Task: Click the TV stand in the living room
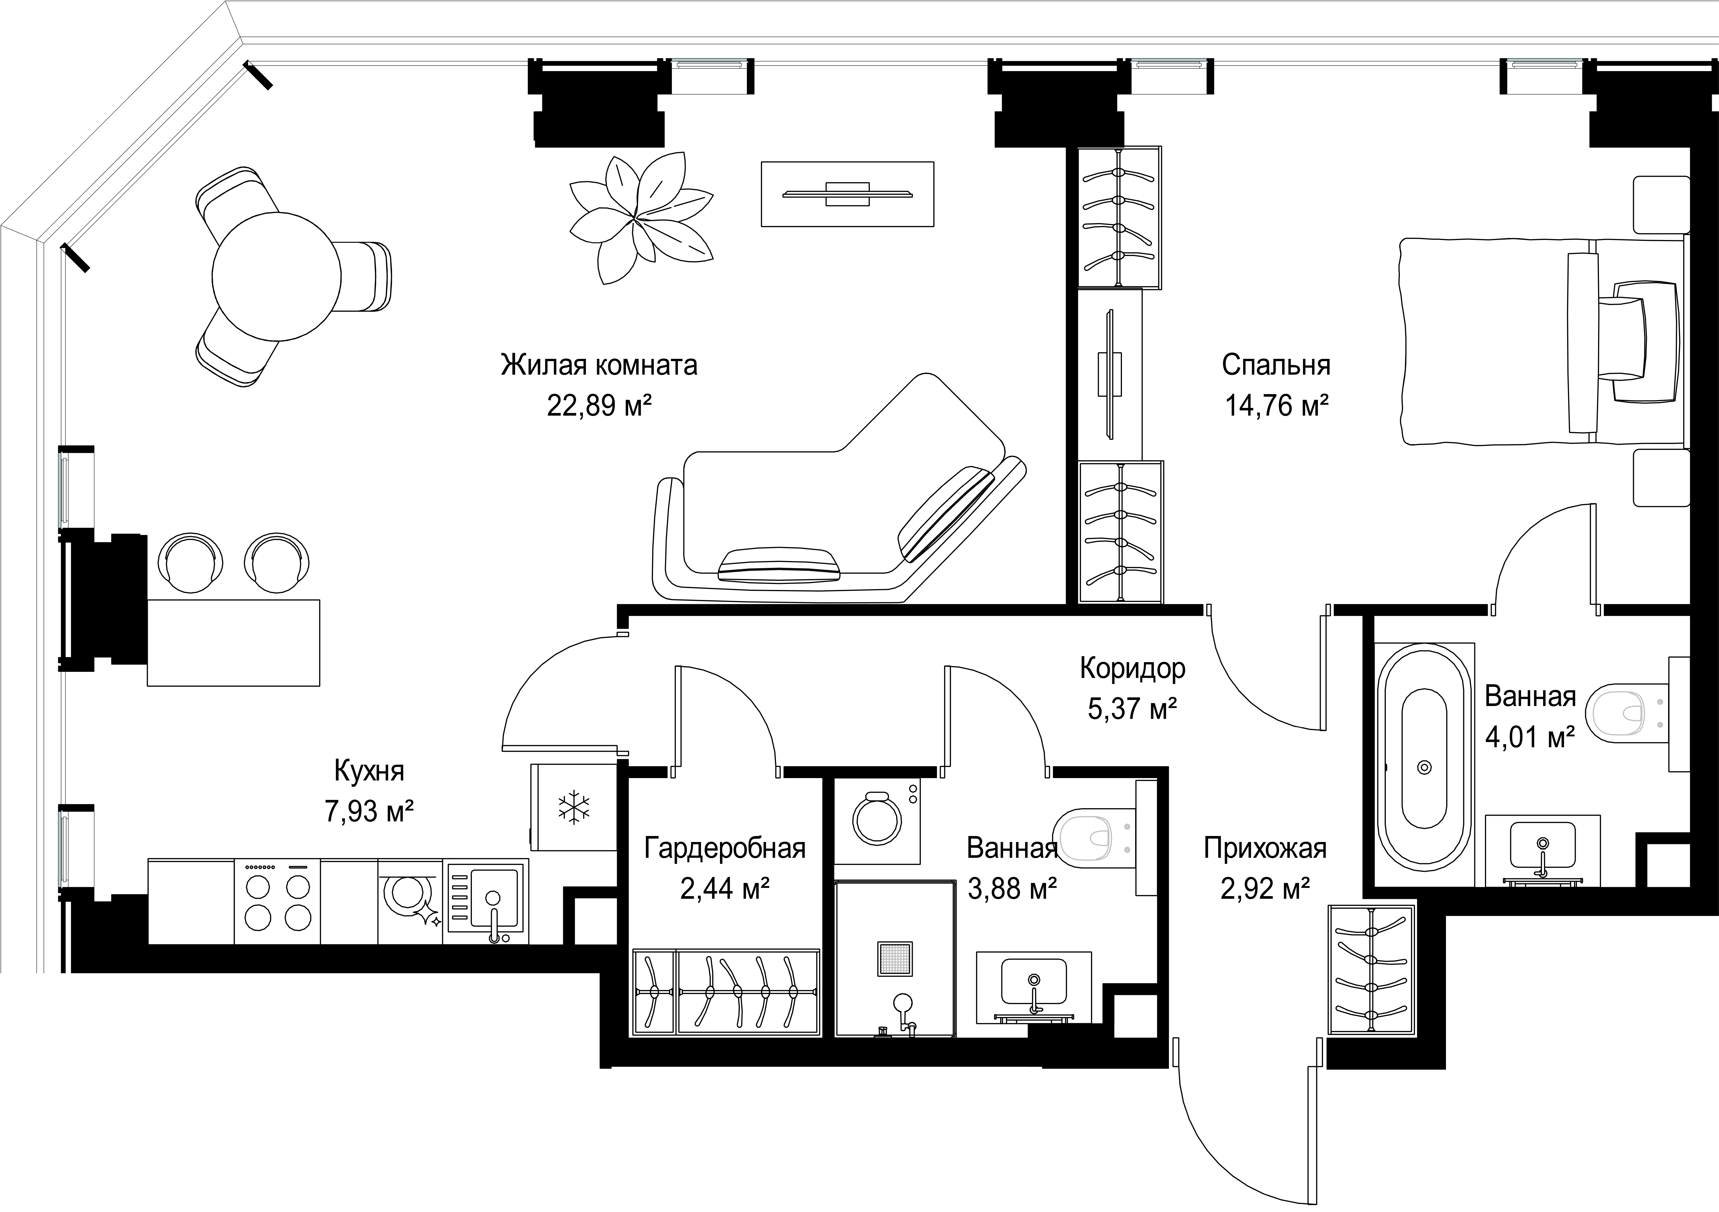[x=847, y=194]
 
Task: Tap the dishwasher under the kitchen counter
[x=410, y=901]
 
